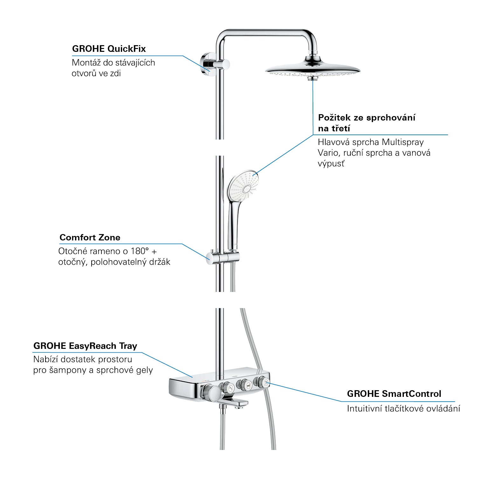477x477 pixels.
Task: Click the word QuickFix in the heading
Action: pyautogui.click(x=127, y=49)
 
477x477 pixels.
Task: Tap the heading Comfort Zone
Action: pyautogui.click(x=90, y=238)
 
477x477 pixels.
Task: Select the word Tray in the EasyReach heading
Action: pyautogui.click(x=128, y=346)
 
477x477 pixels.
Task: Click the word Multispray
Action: pyautogui.click(x=403, y=142)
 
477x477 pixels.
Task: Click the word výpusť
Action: pyautogui.click(x=331, y=164)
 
